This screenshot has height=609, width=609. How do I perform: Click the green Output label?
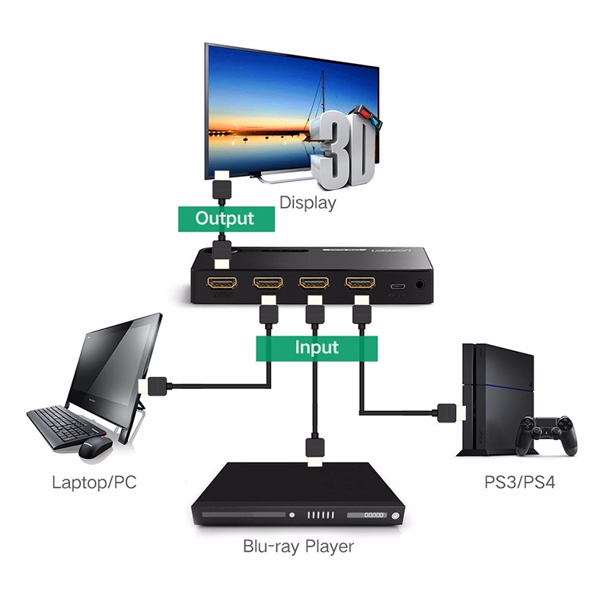[x=224, y=218]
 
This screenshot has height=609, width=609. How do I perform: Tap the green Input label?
[x=316, y=347]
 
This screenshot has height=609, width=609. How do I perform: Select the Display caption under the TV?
[x=308, y=203]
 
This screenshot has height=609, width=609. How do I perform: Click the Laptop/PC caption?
[x=94, y=482]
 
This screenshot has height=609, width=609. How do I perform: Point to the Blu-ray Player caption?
[x=298, y=546]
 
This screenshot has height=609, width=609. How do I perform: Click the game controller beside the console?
[x=546, y=435]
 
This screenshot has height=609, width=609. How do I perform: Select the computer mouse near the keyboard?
[x=95, y=448]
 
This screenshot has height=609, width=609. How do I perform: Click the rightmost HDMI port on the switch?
[x=360, y=284]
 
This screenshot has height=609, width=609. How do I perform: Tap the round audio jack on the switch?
[x=420, y=287]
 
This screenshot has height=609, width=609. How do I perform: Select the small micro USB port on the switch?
[x=397, y=287]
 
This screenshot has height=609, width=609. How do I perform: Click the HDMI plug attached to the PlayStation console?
[x=450, y=413]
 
